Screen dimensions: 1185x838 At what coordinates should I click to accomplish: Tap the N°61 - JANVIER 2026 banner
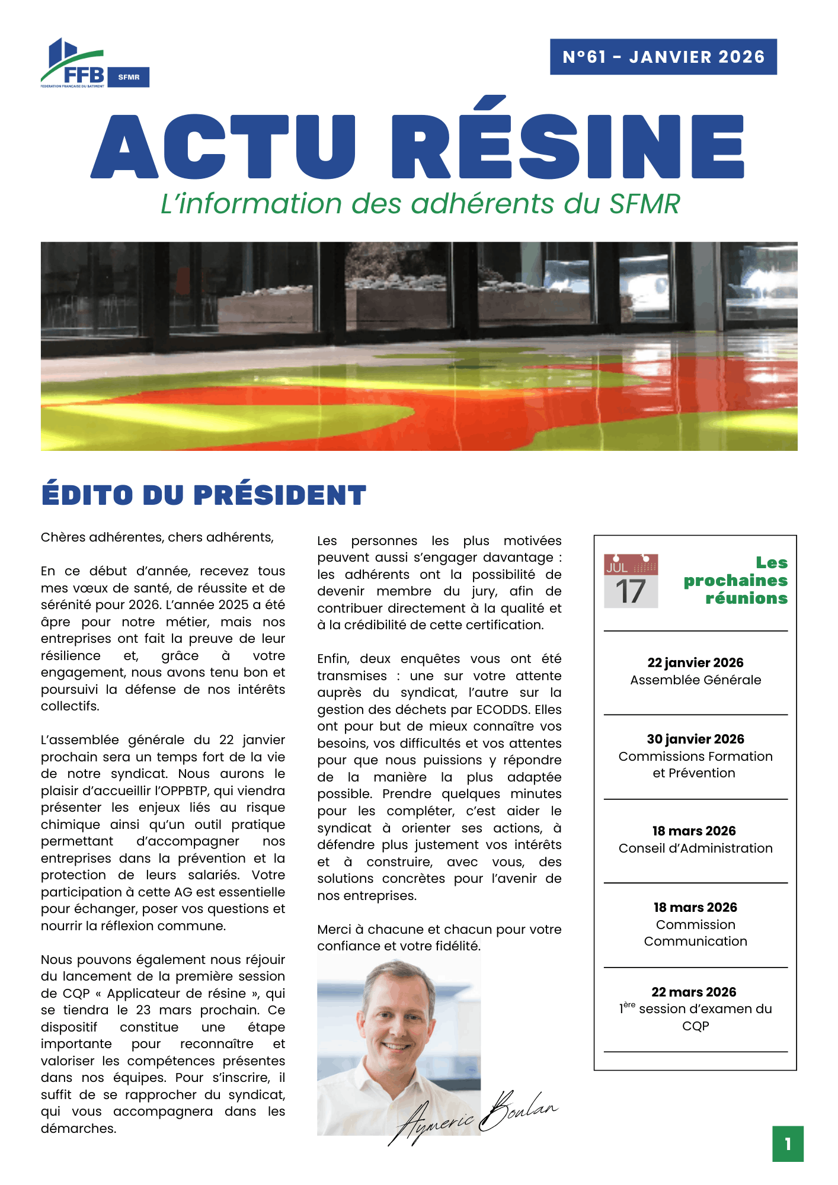[x=663, y=57]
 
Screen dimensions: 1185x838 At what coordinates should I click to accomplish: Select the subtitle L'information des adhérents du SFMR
[x=420, y=204]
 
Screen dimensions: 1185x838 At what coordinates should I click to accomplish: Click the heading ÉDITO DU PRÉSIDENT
[x=204, y=495]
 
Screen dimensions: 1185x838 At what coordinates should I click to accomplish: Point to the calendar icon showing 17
[x=631, y=581]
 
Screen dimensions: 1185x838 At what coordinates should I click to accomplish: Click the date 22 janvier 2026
[x=695, y=662]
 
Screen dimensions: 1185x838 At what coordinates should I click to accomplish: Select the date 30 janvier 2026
[x=695, y=739]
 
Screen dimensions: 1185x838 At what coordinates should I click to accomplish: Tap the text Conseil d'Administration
[x=695, y=848]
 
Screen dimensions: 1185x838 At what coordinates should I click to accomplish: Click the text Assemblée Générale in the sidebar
[x=695, y=680]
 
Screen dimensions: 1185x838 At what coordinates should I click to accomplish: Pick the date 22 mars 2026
[x=693, y=992]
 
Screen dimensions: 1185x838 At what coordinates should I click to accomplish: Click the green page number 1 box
[x=788, y=1144]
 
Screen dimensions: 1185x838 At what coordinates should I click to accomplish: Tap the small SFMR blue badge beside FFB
[x=129, y=77]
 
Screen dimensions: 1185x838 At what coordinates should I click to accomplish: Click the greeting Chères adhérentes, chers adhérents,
[x=157, y=537]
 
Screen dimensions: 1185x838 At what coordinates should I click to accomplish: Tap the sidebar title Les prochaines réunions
[x=736, y=580]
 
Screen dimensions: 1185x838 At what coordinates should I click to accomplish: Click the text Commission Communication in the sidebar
[x=695, y=933]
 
